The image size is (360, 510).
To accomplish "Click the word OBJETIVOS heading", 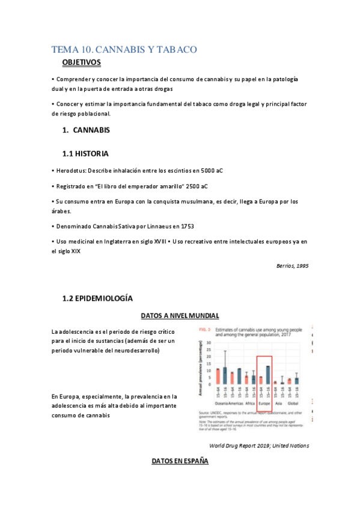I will click(81, 63).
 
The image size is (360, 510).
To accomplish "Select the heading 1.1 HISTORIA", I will click(85, 153).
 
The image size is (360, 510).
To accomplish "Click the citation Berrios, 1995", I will click(292, 265).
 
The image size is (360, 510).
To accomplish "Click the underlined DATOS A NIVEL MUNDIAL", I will click(180, 316).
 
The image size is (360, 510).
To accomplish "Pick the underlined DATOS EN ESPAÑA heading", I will click(180, 461).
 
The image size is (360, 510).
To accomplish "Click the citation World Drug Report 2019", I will click(259, 446).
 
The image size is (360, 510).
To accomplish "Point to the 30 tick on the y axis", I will click(209, 343).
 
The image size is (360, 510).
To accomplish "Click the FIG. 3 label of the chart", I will click(203, 330).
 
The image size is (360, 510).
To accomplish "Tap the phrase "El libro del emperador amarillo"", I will click(129, 186).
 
